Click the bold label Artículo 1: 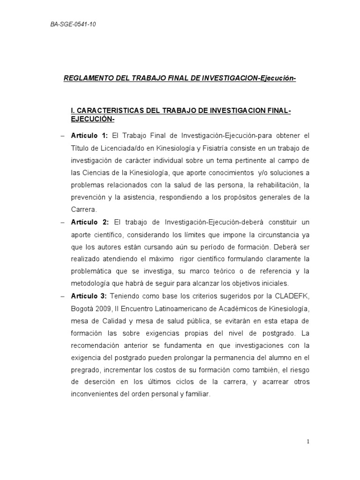click(90, 136)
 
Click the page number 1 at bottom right click(308, 441)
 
